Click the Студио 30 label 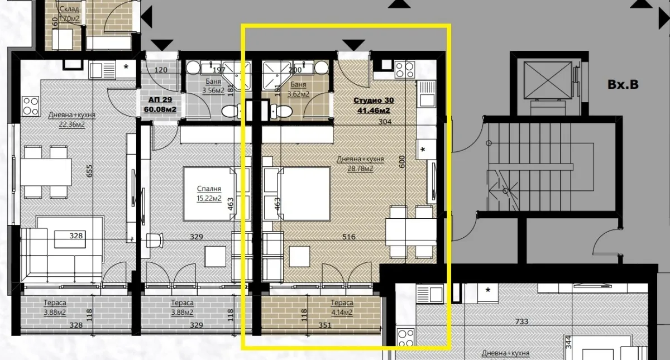[374, 100]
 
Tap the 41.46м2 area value [374, 109]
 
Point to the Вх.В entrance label [623, 85]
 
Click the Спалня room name [209, 189]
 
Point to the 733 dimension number [521, 321]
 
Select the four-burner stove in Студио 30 [404, 70]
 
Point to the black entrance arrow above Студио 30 [352, 45]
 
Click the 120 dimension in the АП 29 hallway [161, 70]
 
